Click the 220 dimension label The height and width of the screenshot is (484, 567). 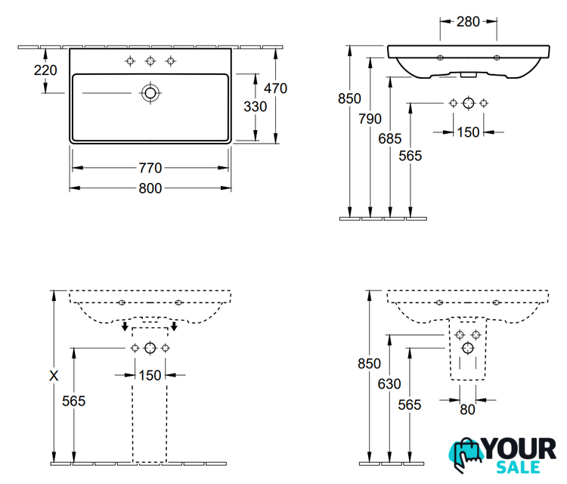45,70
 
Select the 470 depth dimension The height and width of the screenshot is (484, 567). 275,88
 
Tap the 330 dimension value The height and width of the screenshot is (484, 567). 256,107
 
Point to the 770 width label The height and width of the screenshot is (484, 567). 150,168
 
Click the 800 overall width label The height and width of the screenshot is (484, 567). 150,188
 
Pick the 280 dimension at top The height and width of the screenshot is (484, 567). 468,22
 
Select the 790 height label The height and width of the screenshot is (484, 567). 370,119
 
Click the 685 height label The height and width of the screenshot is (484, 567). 390,138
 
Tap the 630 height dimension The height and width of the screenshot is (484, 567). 389,384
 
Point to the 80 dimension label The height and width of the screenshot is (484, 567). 467,410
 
